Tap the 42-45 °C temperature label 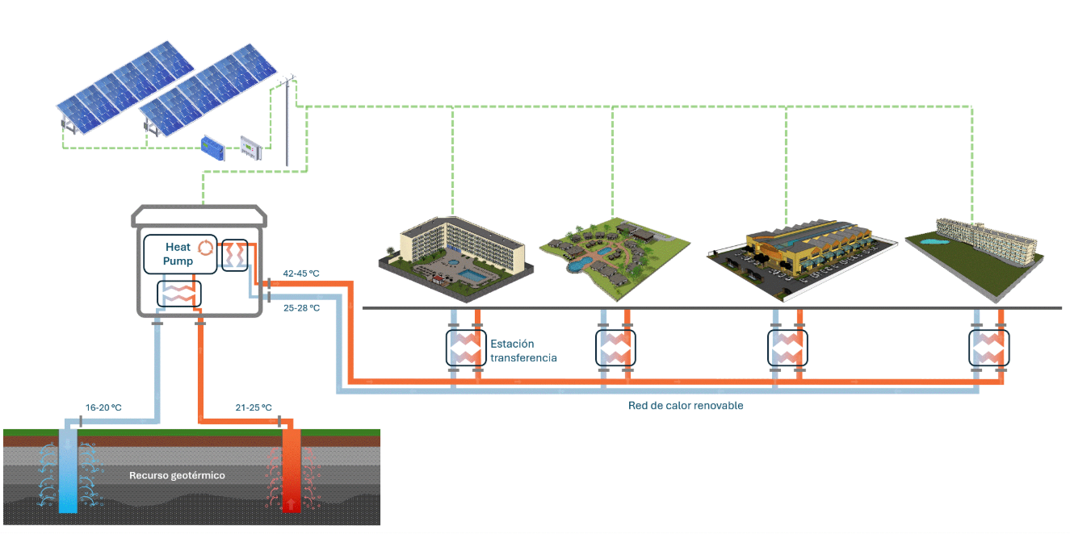[300, 274]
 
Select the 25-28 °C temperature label [300, 308]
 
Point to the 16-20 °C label [103, 407]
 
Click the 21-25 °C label [254, 407]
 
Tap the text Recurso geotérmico [177, 475]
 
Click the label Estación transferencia [523, 350]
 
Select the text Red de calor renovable [686, 406]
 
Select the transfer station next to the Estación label [465, 348]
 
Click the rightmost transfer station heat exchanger [988, 348]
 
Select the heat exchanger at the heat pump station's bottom [178, 294]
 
